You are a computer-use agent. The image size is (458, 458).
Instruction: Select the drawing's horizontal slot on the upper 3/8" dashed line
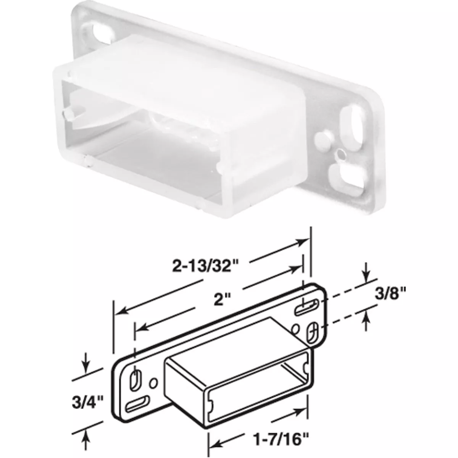[x=307, y=306]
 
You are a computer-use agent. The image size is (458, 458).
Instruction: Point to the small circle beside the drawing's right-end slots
[x=295, y=327]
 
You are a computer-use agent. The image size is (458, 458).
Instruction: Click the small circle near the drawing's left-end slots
[x=153, y=382]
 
